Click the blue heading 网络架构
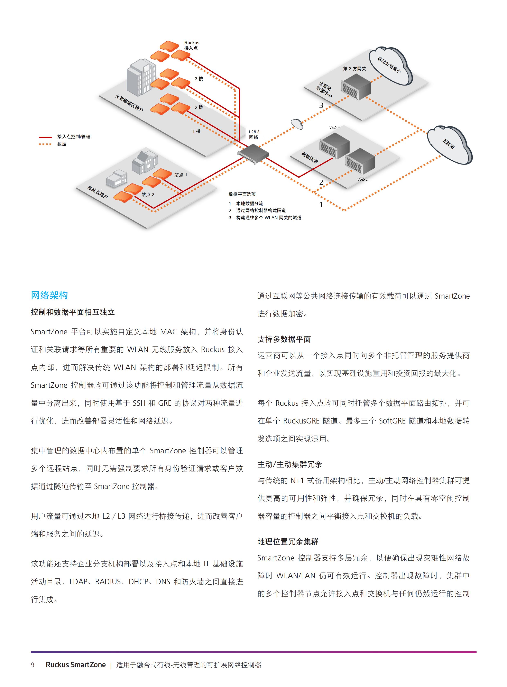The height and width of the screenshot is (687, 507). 49,295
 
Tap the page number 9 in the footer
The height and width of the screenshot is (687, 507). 33,665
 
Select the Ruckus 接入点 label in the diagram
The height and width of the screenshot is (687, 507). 192,45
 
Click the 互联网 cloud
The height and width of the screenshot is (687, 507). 450,144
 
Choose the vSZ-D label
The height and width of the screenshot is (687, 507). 362,179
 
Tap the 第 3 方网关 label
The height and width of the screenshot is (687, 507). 354,69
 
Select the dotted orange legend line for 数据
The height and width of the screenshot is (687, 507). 45,144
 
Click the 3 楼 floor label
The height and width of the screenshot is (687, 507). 199,79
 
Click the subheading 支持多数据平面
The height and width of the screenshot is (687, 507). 284,339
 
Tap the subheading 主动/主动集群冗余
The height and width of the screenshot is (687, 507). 289,464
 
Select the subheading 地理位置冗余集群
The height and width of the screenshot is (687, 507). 288,542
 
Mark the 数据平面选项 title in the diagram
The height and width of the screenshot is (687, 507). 242,194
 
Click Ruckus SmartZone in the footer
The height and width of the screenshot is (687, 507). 75,665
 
